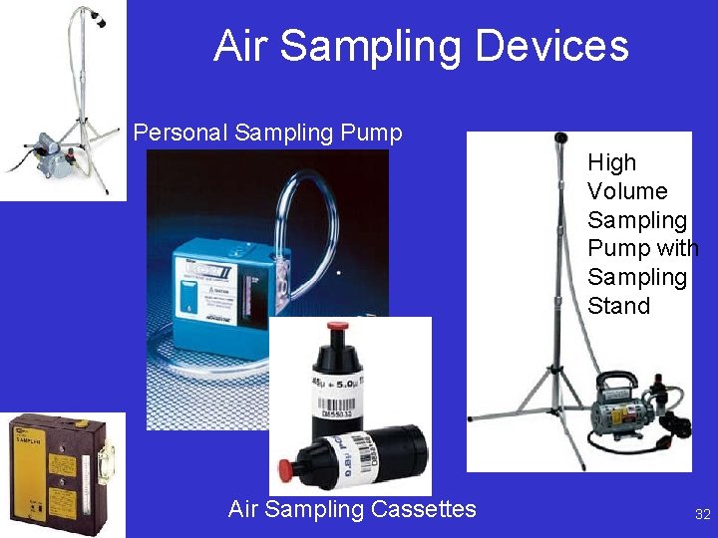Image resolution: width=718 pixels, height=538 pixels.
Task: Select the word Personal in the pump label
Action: (179, 133)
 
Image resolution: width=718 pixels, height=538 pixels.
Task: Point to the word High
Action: (611, 162)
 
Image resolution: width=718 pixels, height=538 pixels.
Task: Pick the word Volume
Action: (626, 191)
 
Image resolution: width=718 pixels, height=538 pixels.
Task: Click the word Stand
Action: (618, 306)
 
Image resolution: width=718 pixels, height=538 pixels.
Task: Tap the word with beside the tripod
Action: (678, 248)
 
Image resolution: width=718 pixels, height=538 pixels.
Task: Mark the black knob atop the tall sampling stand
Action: (561, 138)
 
